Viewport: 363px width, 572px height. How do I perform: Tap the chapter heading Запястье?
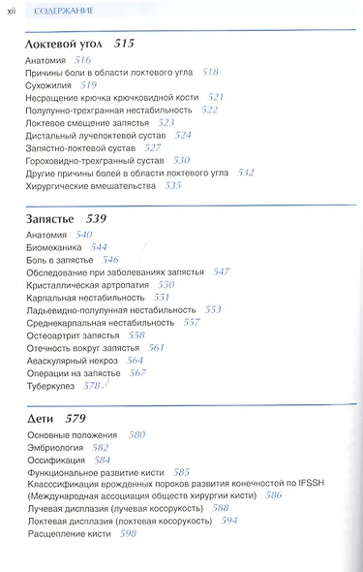coord(51,217)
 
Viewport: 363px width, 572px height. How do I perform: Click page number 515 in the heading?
coord(124,44)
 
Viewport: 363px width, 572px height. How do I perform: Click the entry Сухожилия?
coord(49,85)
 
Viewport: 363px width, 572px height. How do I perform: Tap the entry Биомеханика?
coord(54,247)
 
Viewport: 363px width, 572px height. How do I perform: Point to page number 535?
coord(173,184)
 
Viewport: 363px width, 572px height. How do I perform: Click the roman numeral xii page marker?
coord(12,11)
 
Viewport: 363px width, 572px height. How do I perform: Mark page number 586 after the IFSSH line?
coord(274,494)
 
